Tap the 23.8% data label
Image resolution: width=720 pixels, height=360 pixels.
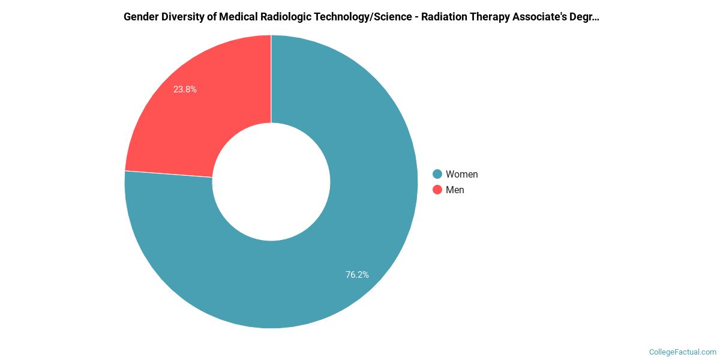185,89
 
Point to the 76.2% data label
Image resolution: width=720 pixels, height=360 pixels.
357,275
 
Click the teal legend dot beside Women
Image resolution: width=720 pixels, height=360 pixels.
437,174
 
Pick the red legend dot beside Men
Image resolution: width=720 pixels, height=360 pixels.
437,190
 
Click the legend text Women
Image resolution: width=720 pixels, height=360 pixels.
461,174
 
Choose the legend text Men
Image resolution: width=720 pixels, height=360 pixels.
455,190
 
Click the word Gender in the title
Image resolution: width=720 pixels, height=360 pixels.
140,17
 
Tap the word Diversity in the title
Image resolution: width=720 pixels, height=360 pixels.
182,17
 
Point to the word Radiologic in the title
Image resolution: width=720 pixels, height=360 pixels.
285,17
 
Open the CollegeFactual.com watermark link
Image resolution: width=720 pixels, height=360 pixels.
682,352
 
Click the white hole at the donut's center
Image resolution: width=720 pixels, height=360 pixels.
271,182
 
